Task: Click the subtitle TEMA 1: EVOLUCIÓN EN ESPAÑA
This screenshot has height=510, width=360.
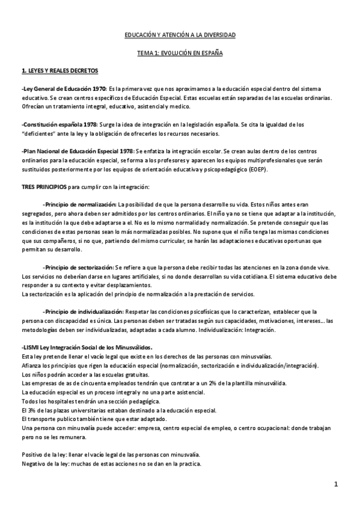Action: (x=180, y=53)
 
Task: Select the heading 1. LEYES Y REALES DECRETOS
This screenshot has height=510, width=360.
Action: (x=59, y=70)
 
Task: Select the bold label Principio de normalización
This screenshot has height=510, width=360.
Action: (x=80, y=204)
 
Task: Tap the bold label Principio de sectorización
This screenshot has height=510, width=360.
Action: (x=79, y=267)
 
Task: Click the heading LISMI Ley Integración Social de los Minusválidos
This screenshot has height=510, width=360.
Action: (x=87, y=348)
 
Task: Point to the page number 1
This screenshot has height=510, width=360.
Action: (x=337, y=484)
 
